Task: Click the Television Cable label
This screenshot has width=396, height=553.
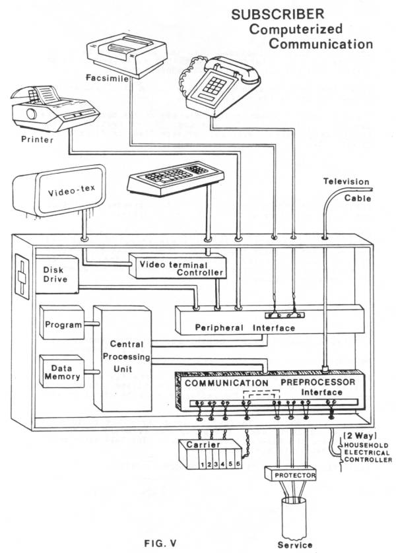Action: pos(346,189)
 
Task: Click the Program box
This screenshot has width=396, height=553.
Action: pos(63,325)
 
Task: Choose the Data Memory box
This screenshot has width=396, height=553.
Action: pos(62,372)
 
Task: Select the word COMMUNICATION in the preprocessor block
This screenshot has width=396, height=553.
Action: pos(226,383)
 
